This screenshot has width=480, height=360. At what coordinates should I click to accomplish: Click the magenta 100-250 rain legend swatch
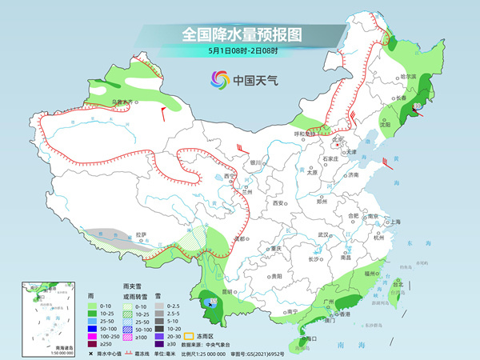pyautogui.click(x=93, y=329)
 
